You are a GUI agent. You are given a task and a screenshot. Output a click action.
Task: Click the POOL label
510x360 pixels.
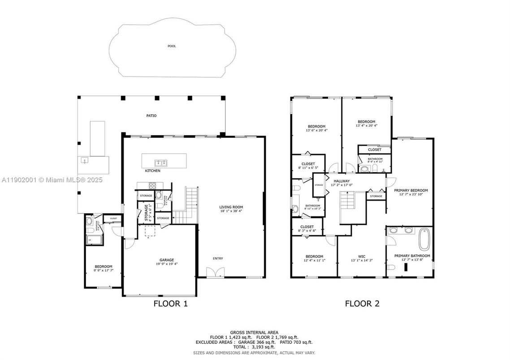(172, 46)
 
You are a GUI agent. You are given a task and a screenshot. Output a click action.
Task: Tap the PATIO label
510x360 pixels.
(151, 116)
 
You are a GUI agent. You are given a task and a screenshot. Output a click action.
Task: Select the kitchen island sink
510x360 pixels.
(160, 162)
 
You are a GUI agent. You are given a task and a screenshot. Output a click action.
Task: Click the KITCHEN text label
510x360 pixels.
(152, 171)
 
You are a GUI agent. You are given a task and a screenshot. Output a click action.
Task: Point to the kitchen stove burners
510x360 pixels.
(152, 185)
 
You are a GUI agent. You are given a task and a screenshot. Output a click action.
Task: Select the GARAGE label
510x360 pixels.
(167, 260)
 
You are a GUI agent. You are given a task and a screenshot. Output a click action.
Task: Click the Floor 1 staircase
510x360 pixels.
(186, 206)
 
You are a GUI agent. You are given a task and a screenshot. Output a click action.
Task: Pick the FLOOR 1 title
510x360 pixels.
(170, 304)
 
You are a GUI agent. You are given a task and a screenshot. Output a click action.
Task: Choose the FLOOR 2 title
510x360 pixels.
(362, 304)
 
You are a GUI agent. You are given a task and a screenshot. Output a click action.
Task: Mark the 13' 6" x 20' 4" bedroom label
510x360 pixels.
(316, 129)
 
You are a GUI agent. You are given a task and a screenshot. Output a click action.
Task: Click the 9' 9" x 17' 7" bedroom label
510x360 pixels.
(103, 269)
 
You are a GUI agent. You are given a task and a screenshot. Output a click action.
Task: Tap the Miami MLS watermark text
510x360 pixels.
(52, 180)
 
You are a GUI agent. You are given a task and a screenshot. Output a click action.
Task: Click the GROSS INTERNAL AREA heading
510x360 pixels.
(254, 333)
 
